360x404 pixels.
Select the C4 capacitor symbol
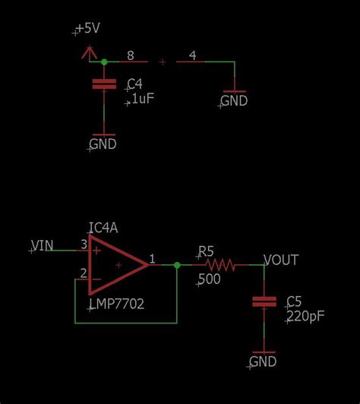click(99, 84)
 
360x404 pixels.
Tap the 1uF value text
click(137, 99)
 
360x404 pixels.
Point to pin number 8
click(131, 55)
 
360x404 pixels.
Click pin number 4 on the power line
click(192, 55)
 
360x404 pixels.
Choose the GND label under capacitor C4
click(103, 144)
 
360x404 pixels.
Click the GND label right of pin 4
click(234, 100)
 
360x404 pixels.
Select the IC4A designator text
click(103, 228)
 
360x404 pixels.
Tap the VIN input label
click(42, 245)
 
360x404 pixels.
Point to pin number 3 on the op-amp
click(84, 245)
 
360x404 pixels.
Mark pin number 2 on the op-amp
click(84, 273)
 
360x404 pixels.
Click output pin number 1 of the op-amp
click(153, 259)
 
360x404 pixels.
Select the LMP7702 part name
click(116, 304)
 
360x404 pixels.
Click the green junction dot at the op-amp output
click(177, 265)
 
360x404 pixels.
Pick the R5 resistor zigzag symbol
click(221, 265)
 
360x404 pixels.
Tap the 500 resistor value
click(209, 280)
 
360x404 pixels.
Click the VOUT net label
click(280, 260)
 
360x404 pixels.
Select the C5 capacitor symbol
click(264, 302)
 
